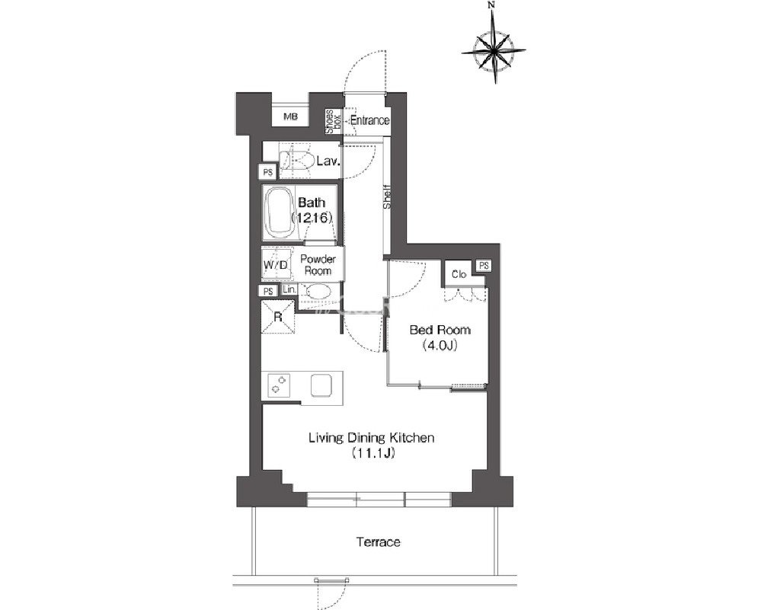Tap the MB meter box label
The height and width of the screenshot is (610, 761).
click(290, 117)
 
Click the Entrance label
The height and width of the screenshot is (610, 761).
click(369, 120)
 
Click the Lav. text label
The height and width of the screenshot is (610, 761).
click(328, 161)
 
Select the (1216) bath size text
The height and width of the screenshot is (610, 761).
click(312, 218)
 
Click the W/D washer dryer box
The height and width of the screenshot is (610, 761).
click(277, 264)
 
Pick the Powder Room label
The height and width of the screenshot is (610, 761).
click(318, 264)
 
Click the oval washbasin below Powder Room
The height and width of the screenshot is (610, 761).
click(319, 292)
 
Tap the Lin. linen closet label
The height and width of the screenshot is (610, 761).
click(289, 289)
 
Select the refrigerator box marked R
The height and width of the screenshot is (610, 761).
click(277, 316)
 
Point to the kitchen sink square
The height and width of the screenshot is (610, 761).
click(321, 385)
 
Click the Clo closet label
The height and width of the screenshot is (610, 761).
click(459, 274)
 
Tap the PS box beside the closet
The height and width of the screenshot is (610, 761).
click(484, 266)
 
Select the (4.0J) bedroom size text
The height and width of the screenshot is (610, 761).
click(440, 346)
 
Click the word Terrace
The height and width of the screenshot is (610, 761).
click(379, 542)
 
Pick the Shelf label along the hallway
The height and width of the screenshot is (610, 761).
click(387, 196)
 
